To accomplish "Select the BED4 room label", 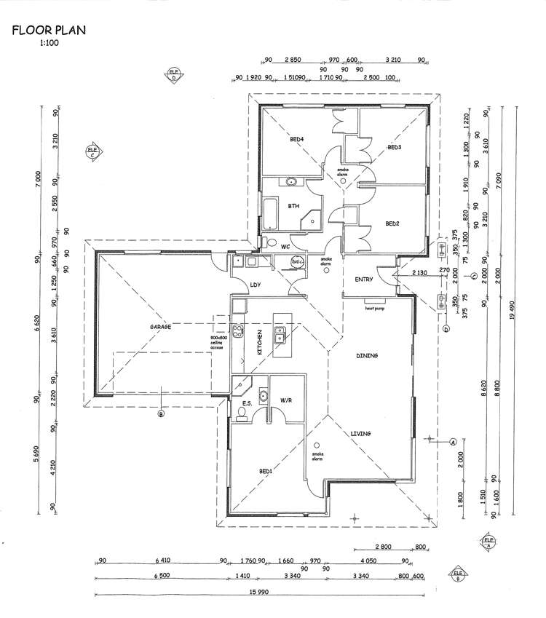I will pyautogui.click(x=296, y=138).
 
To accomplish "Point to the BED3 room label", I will pyautogui.click(x=395, y=147).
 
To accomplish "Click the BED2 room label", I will pyautogui.click(x=392, y=223).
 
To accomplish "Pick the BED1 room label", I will pyautogui.click(x=266, y=471).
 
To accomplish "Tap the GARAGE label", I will pyautogui.click(x=160, y=328).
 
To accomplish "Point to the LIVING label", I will pyautogui.click(x=361, y=434).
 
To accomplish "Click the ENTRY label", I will pyautogui.click(x=364, y=280).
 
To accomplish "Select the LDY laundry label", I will pyautogui.click(x=256, y=285).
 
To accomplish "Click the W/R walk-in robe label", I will pyautogui.click(x=287, y=400).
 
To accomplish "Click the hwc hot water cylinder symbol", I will pyautogui.click(x=297, y=261).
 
